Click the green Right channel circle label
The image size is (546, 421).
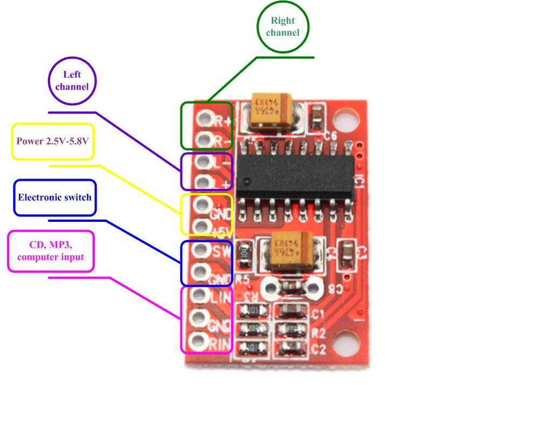coord(282,27)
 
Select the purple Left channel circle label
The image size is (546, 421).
coord(72,80)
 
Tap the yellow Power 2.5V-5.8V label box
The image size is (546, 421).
coord(53,141)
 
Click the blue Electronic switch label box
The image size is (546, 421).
coord(54,198)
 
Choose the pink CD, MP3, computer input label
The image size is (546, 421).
coord(51,251)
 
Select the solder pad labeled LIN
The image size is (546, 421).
coord(199,295)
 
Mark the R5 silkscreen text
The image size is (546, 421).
coord(243,279)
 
